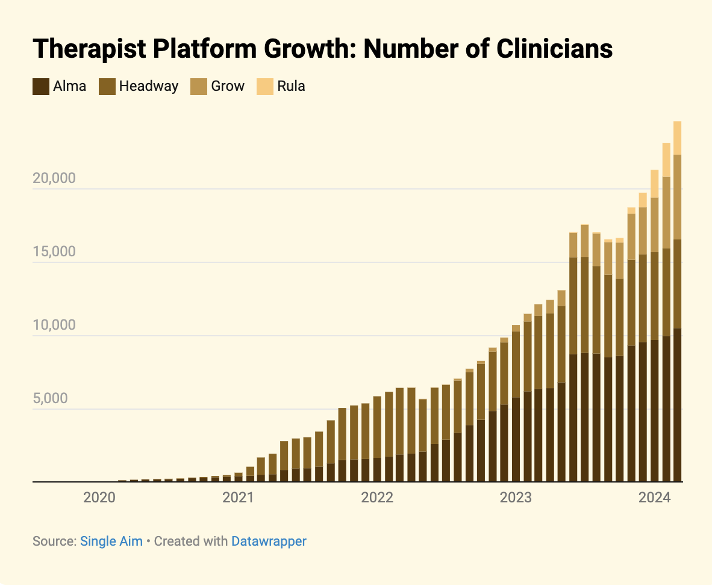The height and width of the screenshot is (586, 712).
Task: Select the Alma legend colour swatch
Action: (x=40, y=86)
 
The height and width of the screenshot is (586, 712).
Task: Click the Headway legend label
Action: (x=148, y=86)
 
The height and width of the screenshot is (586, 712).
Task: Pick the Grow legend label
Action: (x=227, y=86)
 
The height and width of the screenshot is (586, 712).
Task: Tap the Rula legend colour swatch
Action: (x=265, y=86)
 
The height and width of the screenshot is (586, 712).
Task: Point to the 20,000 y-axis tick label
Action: (x=53, y=178)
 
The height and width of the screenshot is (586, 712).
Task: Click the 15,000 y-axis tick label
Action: (x=53, y=251)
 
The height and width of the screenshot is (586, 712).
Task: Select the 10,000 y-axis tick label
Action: (x=53, y=325)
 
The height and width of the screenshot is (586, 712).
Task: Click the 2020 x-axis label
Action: (x=99, y=498)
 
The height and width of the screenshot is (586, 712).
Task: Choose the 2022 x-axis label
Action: (x=377, y=498)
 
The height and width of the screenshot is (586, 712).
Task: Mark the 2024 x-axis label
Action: (x=655, y=498)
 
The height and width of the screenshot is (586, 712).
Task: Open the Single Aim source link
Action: (x=111, y=541)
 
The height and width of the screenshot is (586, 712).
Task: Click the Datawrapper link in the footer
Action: (x=269, y=541)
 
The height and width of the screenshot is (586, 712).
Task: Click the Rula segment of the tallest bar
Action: (x=677, y=138)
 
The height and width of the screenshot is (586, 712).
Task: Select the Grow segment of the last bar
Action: (x=677, y=197)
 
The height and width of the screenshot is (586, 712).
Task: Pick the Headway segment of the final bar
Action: (x=677, y=283)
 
